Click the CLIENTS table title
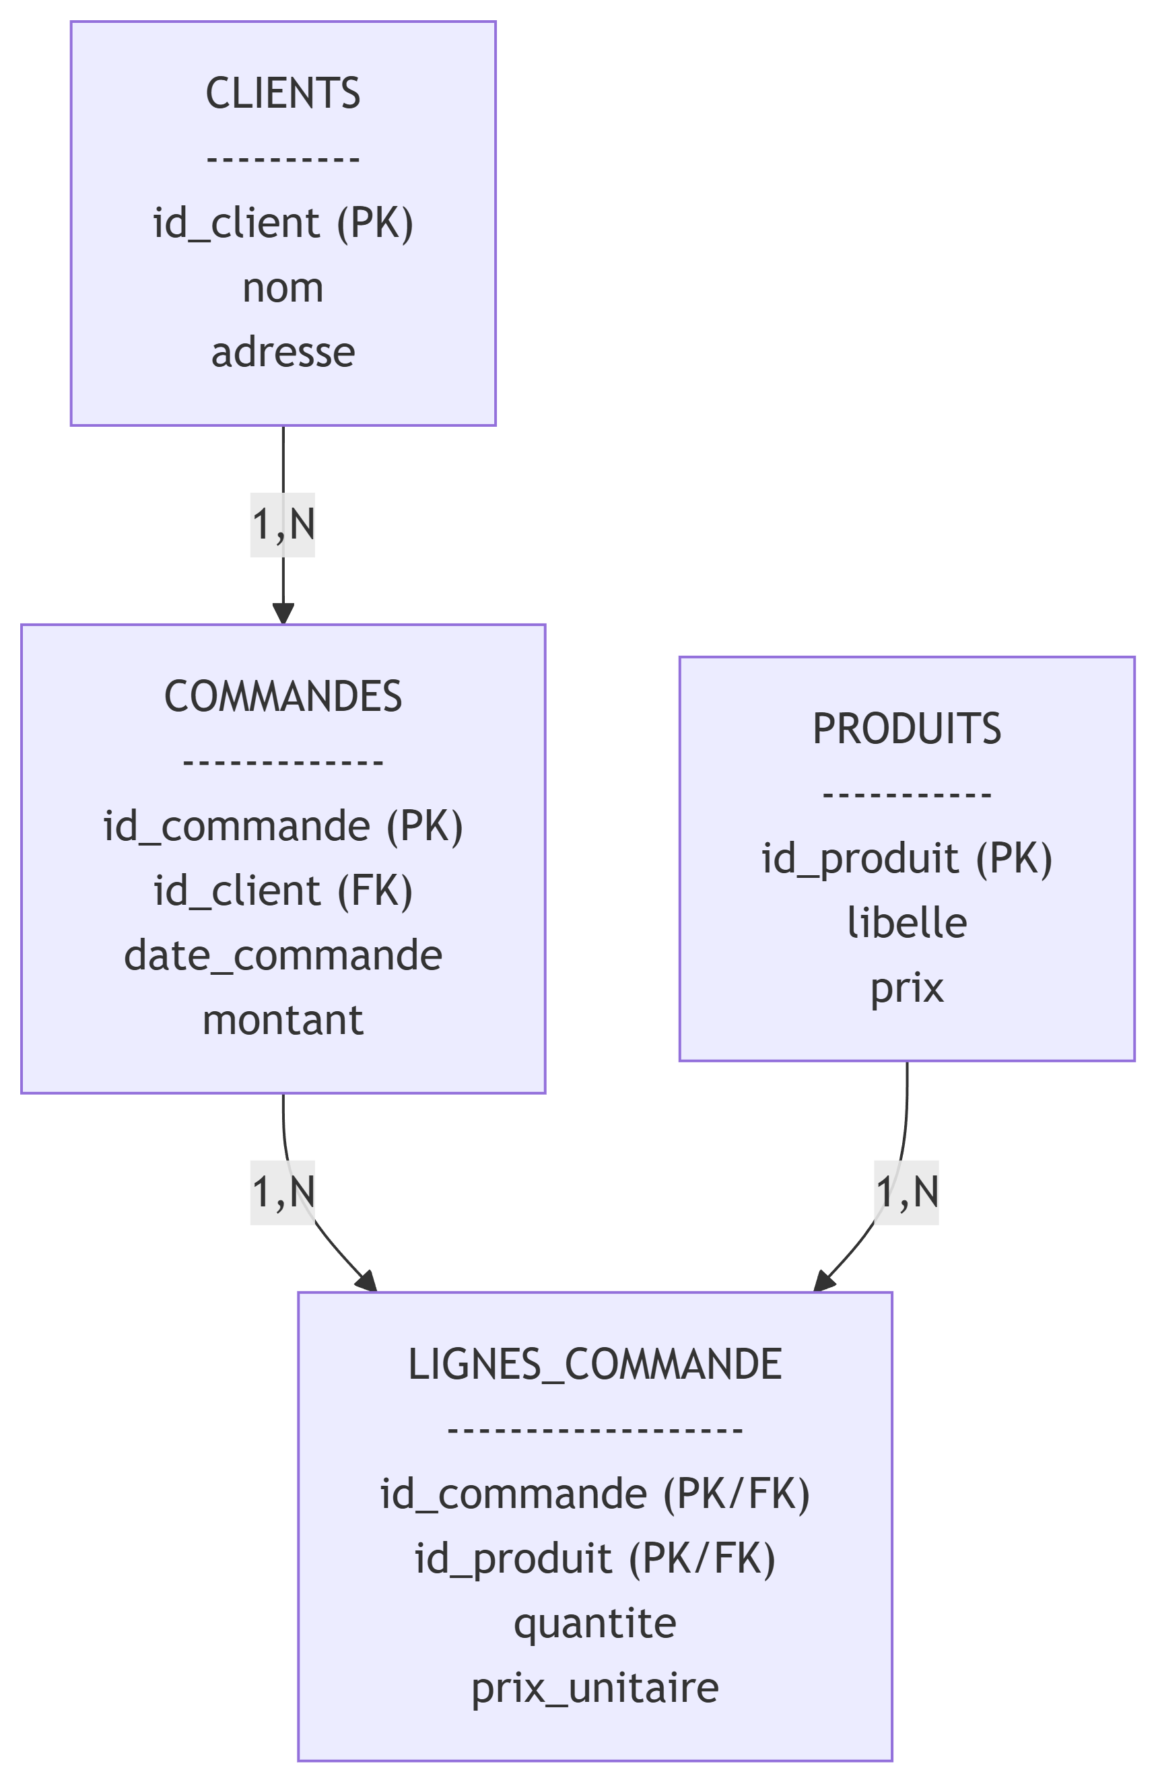click(x=283, y=94)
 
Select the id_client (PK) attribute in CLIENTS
click(x=283, y=223)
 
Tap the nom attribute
click(x=283, y=288)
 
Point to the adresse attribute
click(x=283, y=353)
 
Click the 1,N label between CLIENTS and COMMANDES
click(x=283, y=524)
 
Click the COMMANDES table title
click(x=283, y=696)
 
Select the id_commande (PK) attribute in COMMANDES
click(x=283, y=826)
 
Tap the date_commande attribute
click(x=283, y=956)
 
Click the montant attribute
click(x=283, y=1021)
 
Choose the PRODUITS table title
click(x=907, y=728)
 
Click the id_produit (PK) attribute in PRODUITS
click(x=907, y=858)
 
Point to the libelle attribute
click(x=907, y=923)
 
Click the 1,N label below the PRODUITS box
click(x=907, y=1192)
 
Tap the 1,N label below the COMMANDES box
click(x=283, y=1192)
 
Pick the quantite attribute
click(x=594, y=1623)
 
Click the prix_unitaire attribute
click(x=594, y=1688)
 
